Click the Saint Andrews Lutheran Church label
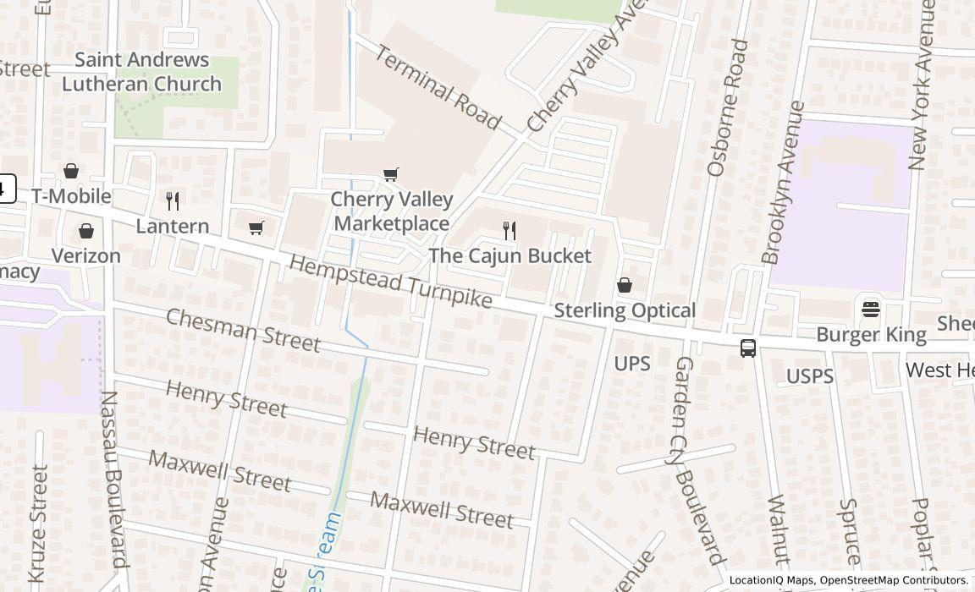pos(141,72)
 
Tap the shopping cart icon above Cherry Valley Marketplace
pos(390,174)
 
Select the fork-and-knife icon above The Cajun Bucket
pos(509,230)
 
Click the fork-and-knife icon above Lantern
pos(173,200)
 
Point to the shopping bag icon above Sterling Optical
pos(625,285)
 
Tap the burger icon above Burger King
pos(871,309)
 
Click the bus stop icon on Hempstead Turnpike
pos(748,348)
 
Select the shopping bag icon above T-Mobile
pos(71,171)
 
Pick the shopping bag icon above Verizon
pos(85,231)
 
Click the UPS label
pos(632,364)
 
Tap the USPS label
pos(810,376)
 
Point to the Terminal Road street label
pos(438,87)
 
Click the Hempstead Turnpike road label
pos(390,282)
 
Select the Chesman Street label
pos(243,330)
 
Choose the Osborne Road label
pos(728,107)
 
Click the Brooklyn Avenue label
pos(782,183)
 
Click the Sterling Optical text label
pos(625,310)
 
